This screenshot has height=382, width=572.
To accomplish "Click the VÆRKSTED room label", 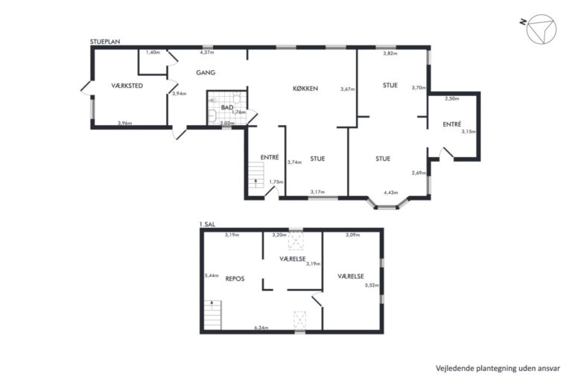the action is [x=127, y=86].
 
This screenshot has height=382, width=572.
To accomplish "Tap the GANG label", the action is [x=206, y=73].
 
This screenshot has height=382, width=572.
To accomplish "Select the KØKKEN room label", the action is [x=305, y=89].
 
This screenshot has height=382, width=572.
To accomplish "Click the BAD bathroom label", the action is [x=227, y=108].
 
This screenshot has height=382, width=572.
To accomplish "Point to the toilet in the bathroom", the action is [x=236, y=98].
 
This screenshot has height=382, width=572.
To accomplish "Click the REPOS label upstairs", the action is [x=235, y=278].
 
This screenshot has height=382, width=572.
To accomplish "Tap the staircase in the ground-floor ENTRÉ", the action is [x=256, y=175].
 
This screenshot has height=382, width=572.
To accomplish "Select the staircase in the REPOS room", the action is [x=213, y=315].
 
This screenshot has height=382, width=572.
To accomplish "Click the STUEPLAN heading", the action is [x=105, y=42].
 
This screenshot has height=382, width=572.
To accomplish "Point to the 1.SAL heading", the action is [x=207, y=224].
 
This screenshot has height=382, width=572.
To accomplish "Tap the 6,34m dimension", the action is [x=261, y=328].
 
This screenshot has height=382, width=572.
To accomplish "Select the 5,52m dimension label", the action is [x=372, y=285].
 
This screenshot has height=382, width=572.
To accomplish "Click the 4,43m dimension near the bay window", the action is [x=391, y=193].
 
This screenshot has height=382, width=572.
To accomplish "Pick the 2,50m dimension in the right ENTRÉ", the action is [x=452, y=98].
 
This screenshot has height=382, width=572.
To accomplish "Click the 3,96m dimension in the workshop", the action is [x=125, y=123].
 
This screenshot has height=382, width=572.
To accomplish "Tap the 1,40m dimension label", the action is [x=153, y=52].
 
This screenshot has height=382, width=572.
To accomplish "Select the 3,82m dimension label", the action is [x=390, y=54].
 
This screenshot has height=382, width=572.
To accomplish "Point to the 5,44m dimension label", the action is [x=212, y=276].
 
